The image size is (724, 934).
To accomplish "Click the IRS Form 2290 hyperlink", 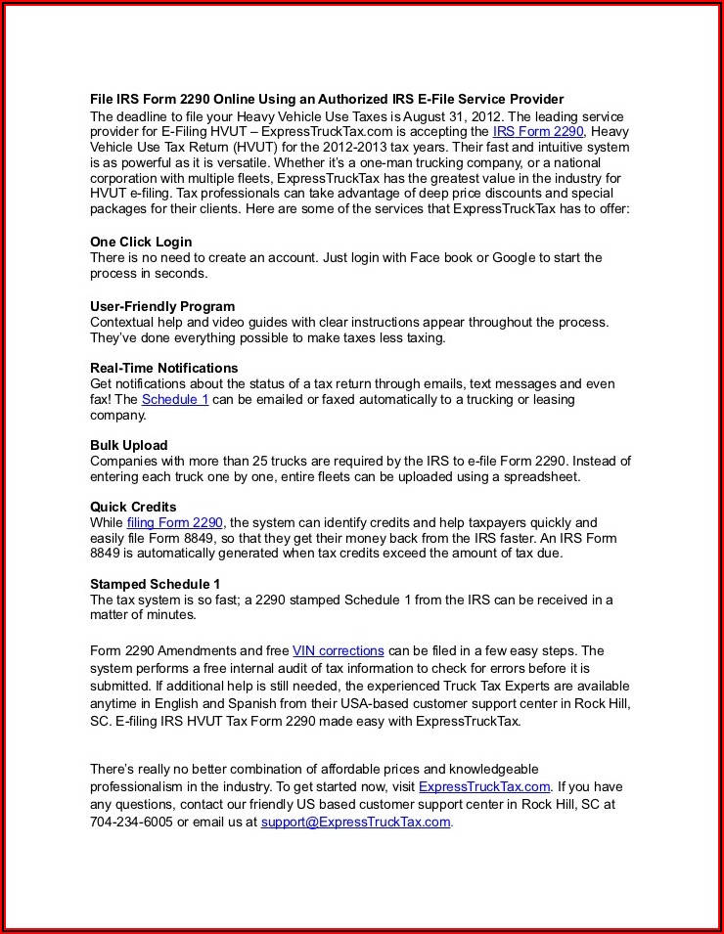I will [538, 131].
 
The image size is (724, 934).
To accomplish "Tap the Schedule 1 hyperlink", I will [175, 399].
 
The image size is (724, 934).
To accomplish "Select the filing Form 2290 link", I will [175, 522].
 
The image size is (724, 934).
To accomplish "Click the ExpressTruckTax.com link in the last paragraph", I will [484, 786].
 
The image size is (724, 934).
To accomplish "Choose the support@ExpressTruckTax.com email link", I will [355, 822].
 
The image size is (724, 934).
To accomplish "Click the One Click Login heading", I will [141, 242].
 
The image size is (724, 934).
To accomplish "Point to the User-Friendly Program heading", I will [162, 306].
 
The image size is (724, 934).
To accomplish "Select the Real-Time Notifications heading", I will [163, 368].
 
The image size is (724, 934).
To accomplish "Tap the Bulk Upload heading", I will [129, 445].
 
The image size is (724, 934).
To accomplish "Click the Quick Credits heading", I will [133, 507].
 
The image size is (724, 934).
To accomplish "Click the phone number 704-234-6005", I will [131, 822].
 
